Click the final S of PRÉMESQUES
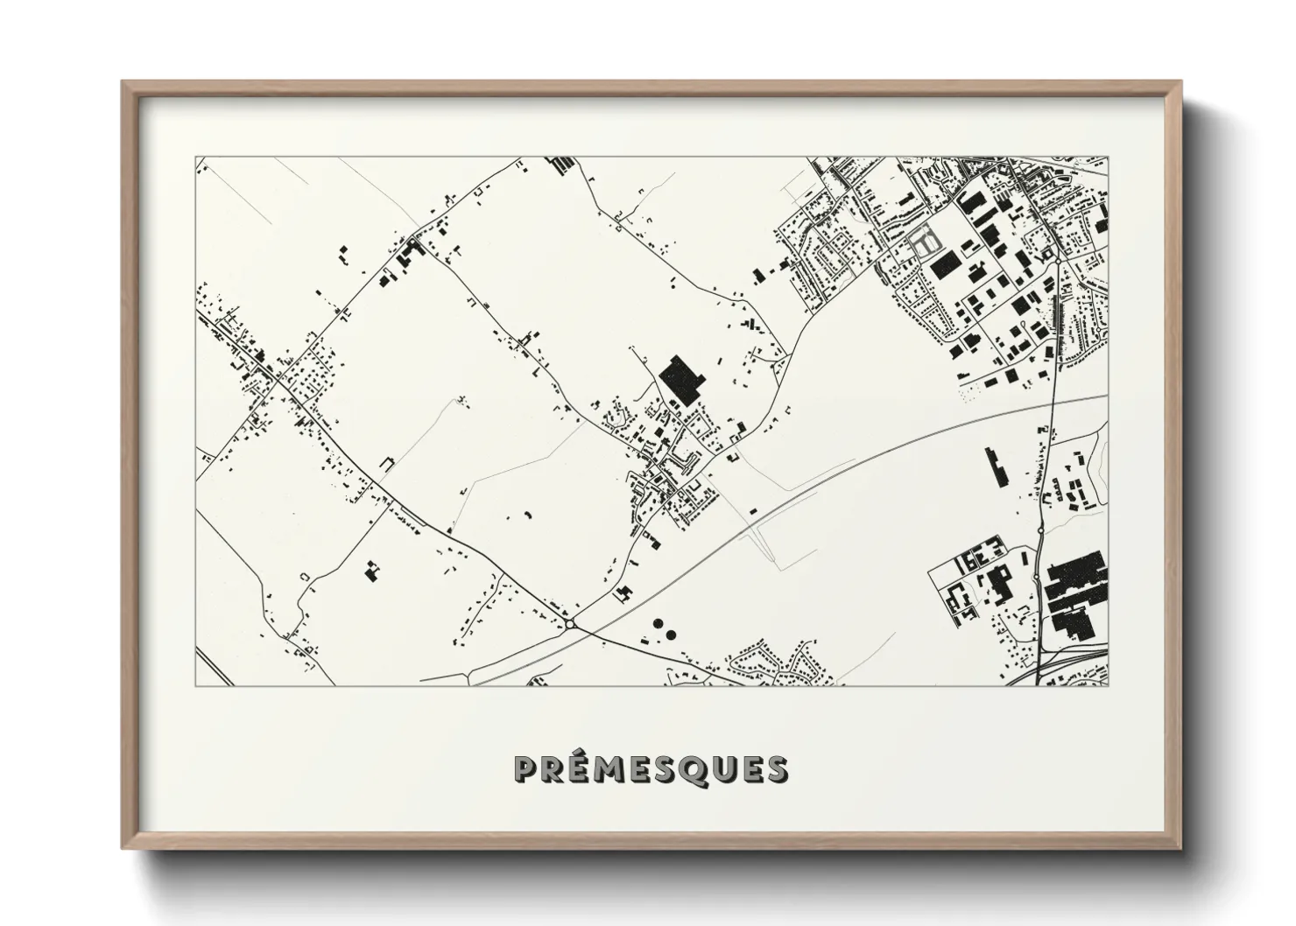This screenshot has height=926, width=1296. (x=775, y=769)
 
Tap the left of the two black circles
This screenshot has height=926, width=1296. (x=656, y=624)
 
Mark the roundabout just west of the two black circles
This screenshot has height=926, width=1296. (x=570, y=624)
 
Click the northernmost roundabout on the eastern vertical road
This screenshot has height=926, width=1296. (x=1058, y=260)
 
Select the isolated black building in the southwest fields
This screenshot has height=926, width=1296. (x=371, y=573)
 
